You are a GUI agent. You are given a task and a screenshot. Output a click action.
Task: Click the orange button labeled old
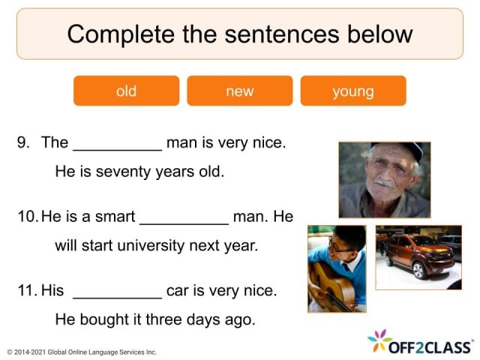pos(126,91)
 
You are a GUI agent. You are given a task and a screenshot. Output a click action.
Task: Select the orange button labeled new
pos(240,91)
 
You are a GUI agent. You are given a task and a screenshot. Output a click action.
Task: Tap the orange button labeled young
pos(353,91)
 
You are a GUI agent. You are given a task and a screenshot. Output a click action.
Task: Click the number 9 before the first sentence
pos(22,142)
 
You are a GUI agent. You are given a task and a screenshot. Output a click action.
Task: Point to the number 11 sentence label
pos(26,290)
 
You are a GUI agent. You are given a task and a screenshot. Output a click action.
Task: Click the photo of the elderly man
pos(384,180)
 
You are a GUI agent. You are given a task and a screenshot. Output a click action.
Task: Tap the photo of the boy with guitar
pos(337,268)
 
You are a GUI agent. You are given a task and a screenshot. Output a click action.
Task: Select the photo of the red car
pos(418,257)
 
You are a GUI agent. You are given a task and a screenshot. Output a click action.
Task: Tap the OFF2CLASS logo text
pos(430,346)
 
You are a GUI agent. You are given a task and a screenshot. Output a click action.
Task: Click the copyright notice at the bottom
pos(82,352)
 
